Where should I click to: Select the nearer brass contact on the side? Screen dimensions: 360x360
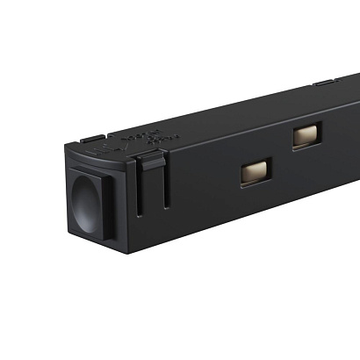point(256,170)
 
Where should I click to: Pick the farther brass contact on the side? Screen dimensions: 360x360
point(306,135)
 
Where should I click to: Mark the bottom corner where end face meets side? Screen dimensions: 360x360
point(128,253)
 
